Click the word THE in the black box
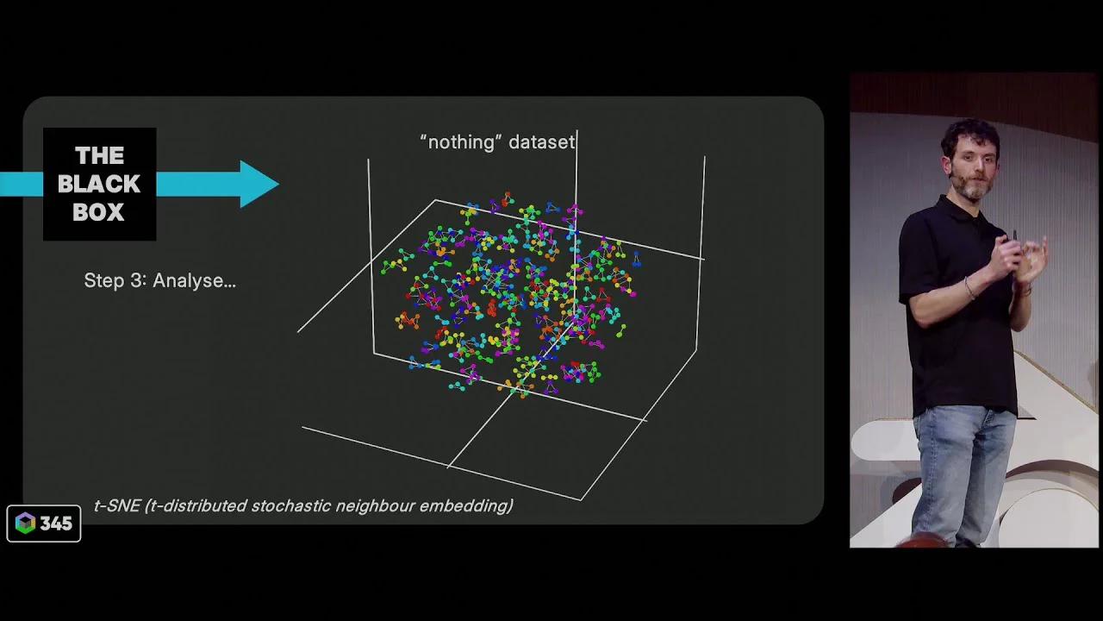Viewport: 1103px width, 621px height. pos(99,156)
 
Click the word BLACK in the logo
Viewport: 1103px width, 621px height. pos(99,184)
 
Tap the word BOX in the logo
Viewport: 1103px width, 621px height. pos(99,212)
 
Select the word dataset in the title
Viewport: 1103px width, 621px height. pos(541,142)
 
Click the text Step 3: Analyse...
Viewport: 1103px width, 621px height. pos(159,280)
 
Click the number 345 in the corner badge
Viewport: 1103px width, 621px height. pos(56,524)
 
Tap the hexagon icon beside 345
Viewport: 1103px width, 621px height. pos(25,524)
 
